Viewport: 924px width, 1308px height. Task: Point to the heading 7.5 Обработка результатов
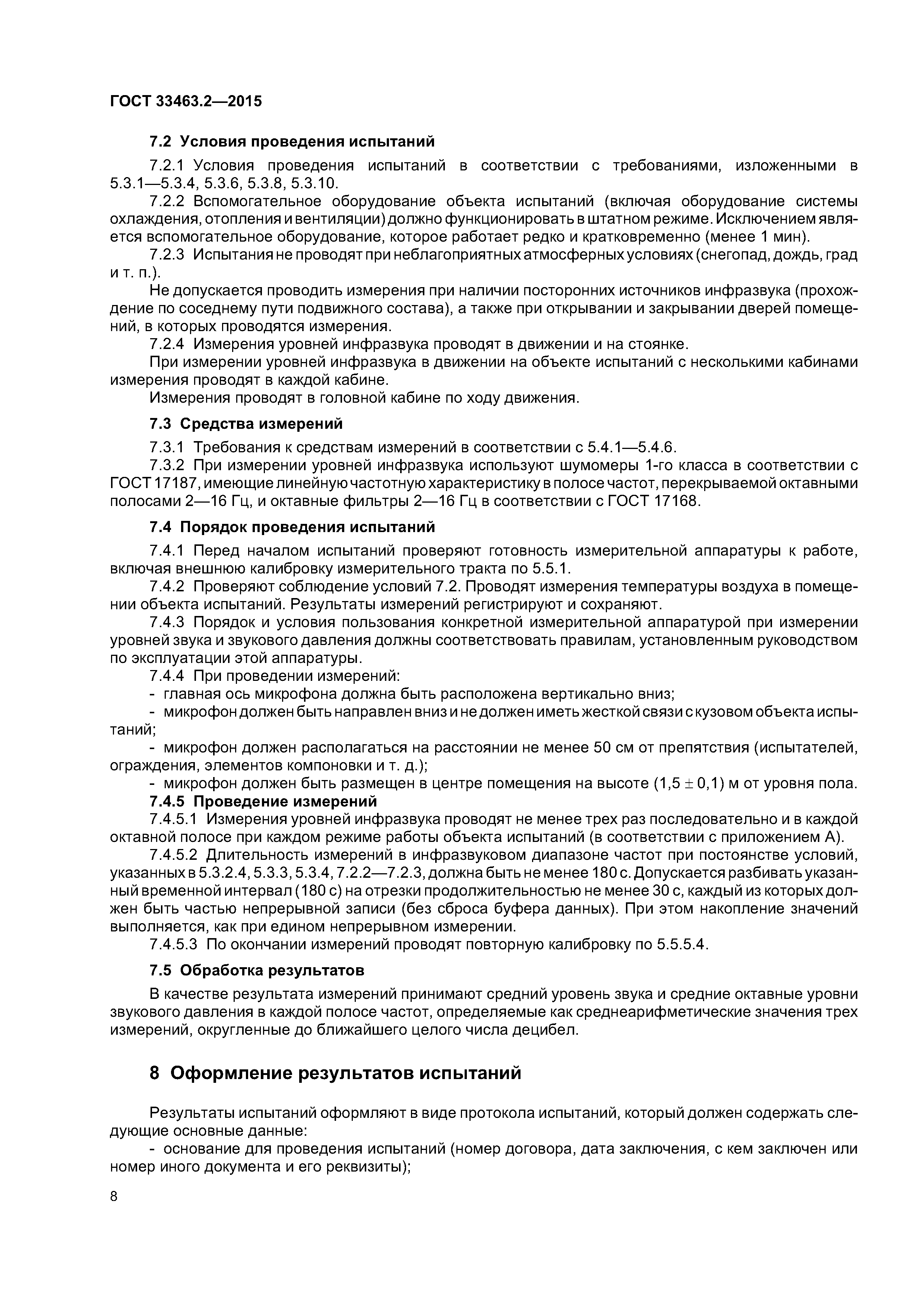[256, 969]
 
